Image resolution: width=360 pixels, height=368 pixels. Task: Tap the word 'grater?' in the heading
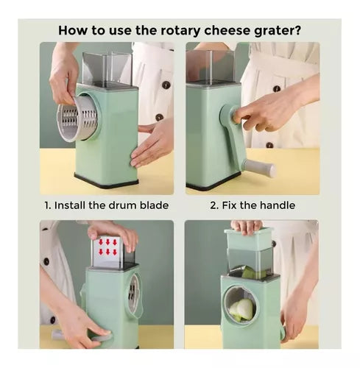coord(278,32)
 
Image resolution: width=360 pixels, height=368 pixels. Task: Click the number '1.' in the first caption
coord(48,205)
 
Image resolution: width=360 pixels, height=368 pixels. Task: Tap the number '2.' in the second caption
coord(214,205)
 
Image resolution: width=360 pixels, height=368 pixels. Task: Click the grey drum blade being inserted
coord(77,118)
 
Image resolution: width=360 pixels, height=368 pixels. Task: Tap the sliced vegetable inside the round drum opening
coord(242,309)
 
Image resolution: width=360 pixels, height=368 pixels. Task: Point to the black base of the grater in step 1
coord(107,181)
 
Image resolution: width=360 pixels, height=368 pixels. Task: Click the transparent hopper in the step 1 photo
coord(107,70)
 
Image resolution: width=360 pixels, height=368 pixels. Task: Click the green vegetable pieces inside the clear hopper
coord(253,273)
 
